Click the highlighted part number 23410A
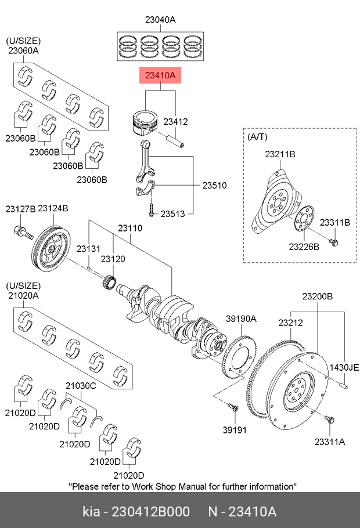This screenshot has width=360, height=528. [160, 75]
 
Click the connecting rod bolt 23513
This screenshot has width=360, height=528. [152, 209]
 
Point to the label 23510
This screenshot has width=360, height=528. [214, 185]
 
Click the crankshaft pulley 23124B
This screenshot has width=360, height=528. [51, 249]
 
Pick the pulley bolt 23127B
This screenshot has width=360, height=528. [23, 232]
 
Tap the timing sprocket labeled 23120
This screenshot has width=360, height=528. [110, 281]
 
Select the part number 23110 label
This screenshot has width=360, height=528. [130, 228]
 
